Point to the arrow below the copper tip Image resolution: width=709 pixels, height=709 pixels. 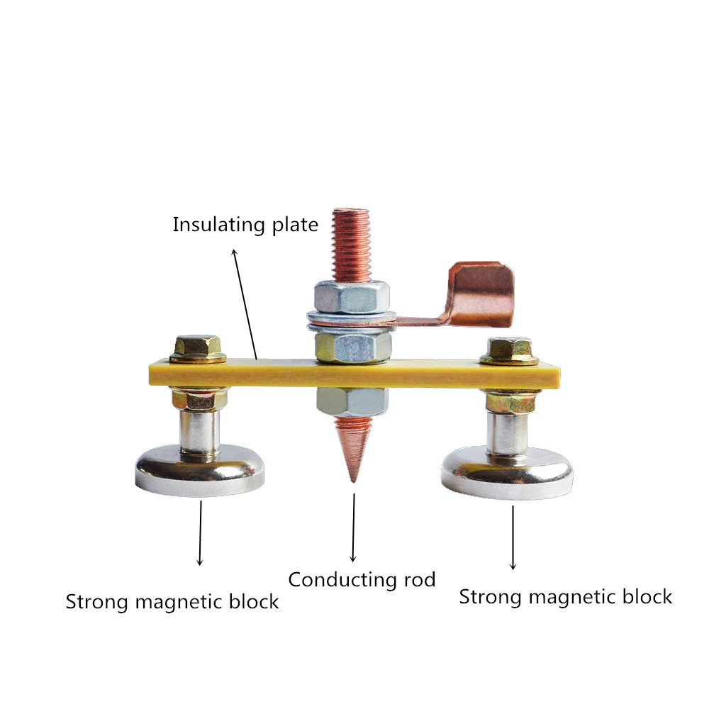[352, 525]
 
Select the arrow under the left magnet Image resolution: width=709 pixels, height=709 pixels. [201, 532]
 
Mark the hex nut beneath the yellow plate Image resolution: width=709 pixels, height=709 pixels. [352, 400]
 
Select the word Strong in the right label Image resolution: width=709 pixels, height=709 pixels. [490, 597]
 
